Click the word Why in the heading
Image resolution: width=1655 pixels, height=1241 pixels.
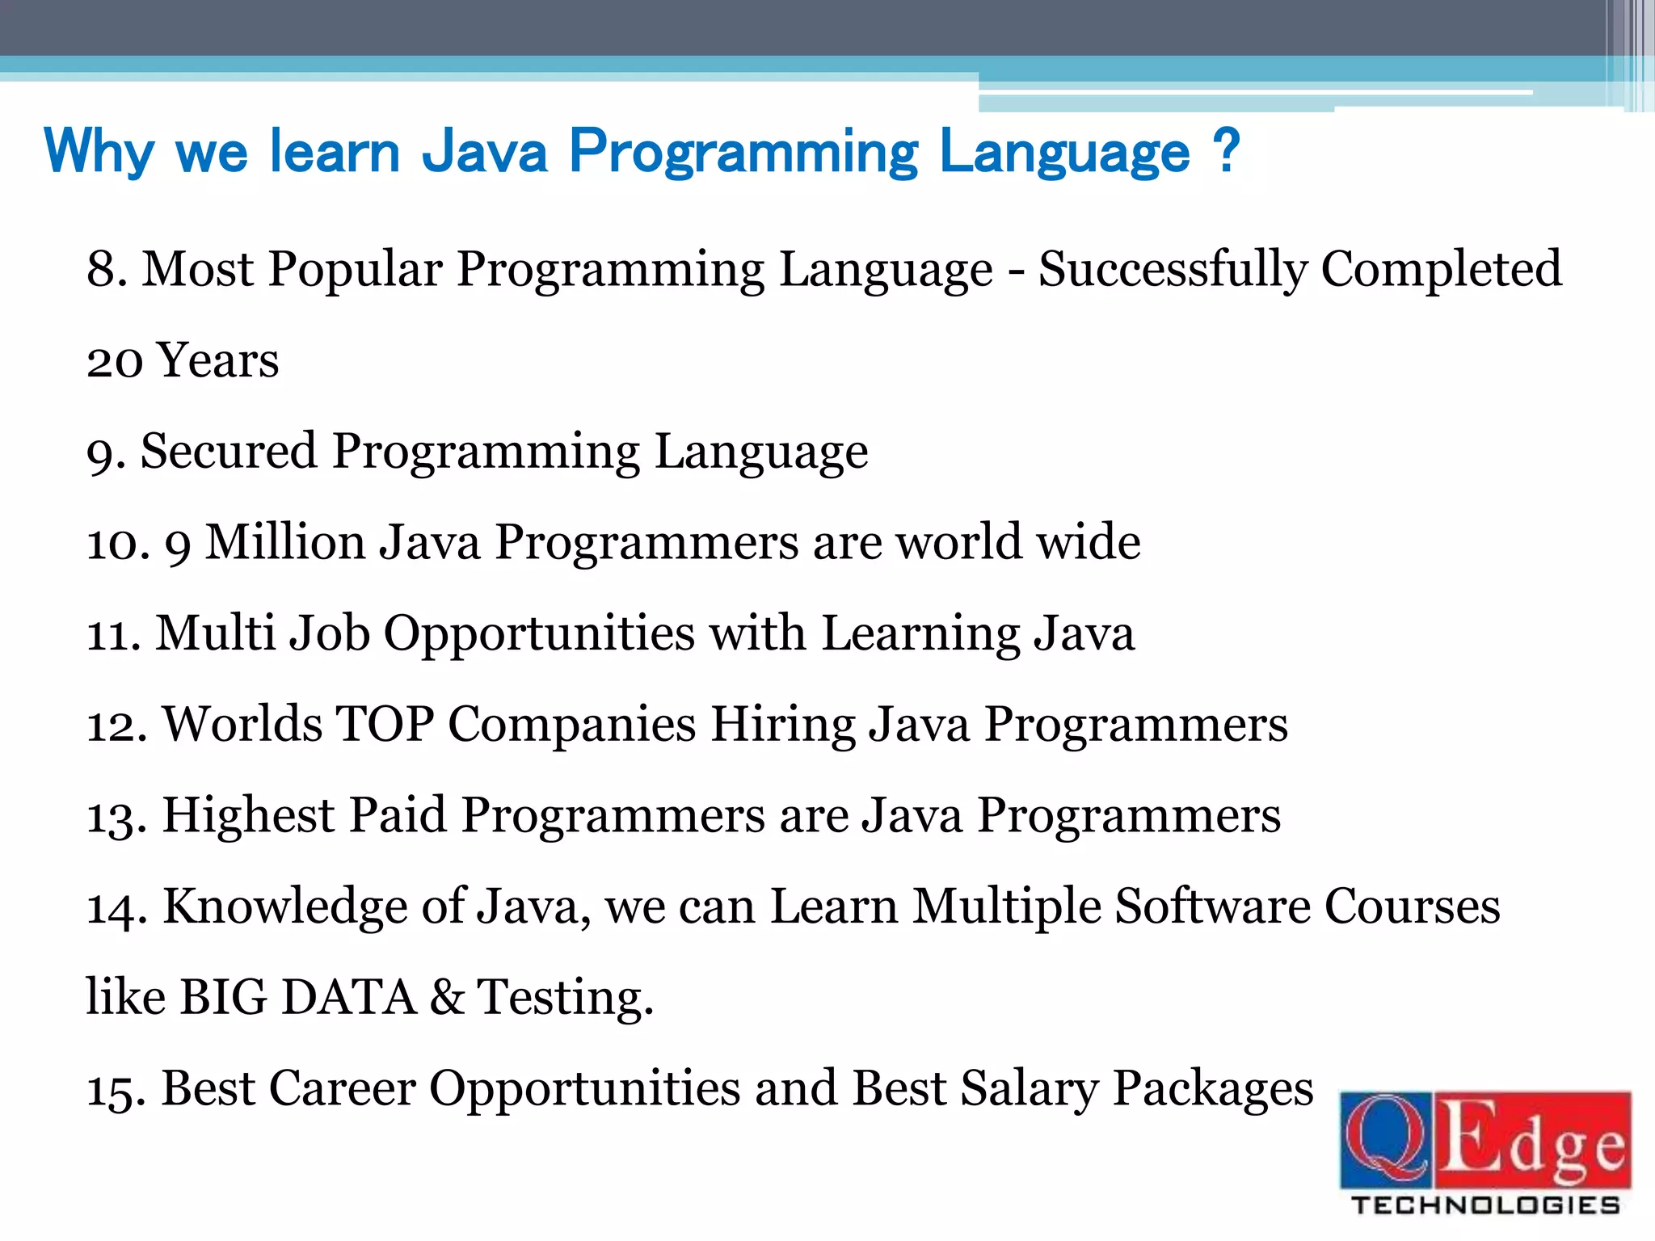[99, 152]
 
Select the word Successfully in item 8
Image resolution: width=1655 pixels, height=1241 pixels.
[1173, 271]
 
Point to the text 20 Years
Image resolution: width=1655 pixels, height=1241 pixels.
[183, 360]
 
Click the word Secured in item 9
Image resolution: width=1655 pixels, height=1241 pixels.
[229, 451]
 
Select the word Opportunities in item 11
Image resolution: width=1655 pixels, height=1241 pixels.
[539, 634]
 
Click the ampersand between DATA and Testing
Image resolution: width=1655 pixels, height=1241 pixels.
[447, 997]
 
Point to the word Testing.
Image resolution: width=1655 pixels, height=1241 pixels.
[564, 999]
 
